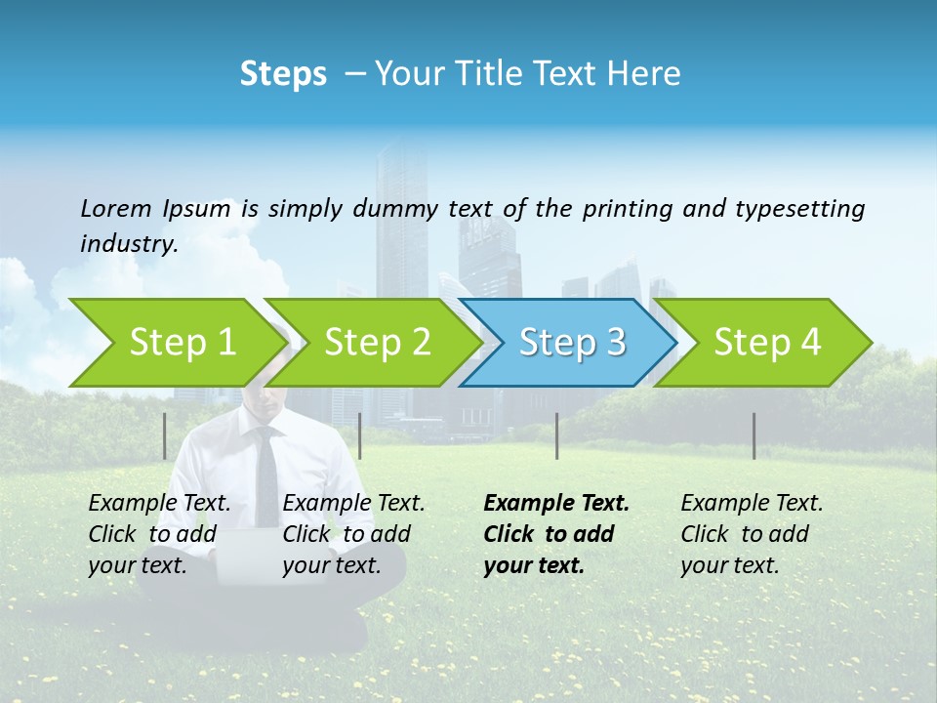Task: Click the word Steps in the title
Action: [283, 73]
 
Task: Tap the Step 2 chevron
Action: [377, 342]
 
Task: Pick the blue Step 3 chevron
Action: [572, 342]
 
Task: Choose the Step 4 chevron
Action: [767, 342]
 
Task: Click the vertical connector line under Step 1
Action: [165, 435]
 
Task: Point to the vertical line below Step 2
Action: [360, 435]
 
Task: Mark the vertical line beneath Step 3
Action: [556, 435]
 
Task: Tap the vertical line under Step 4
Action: [754, 435]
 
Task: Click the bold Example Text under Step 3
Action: [556, 533]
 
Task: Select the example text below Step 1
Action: [159, 533]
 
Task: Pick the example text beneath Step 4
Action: [752, 533]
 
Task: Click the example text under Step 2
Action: [353, 533]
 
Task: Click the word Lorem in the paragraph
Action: [115, 208]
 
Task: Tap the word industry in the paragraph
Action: [128, 244]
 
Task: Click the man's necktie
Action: [265, 469]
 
